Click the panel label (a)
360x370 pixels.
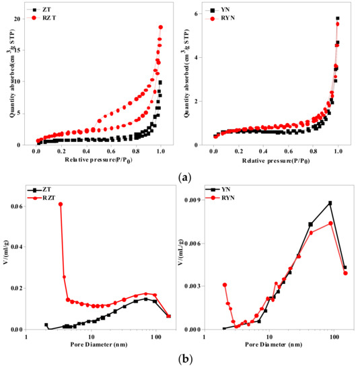184,177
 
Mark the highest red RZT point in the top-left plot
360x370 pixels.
161,27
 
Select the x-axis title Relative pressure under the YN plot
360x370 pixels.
276,162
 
